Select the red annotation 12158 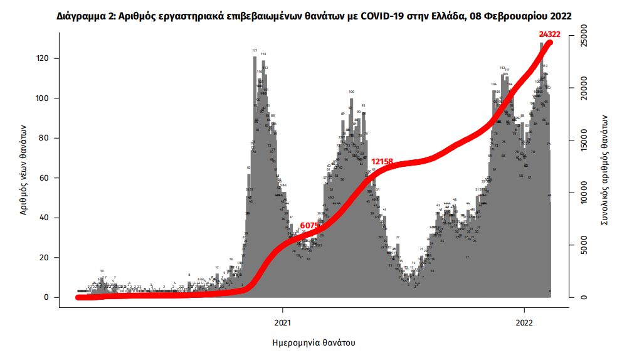[x=382, y=162]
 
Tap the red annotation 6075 [x=310, y=225]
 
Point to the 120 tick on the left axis [x=45, y=58]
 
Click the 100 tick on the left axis [x=45, y=98]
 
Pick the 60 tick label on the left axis [x=47, y=178]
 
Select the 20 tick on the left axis [x=47, y=258]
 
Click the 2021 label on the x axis [x=283, y=323]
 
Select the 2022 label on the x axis [x=525, y=323]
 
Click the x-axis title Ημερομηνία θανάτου [x=314, y=343]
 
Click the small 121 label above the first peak [x=255, y=50]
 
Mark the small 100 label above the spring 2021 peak [x=352, y=92]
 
